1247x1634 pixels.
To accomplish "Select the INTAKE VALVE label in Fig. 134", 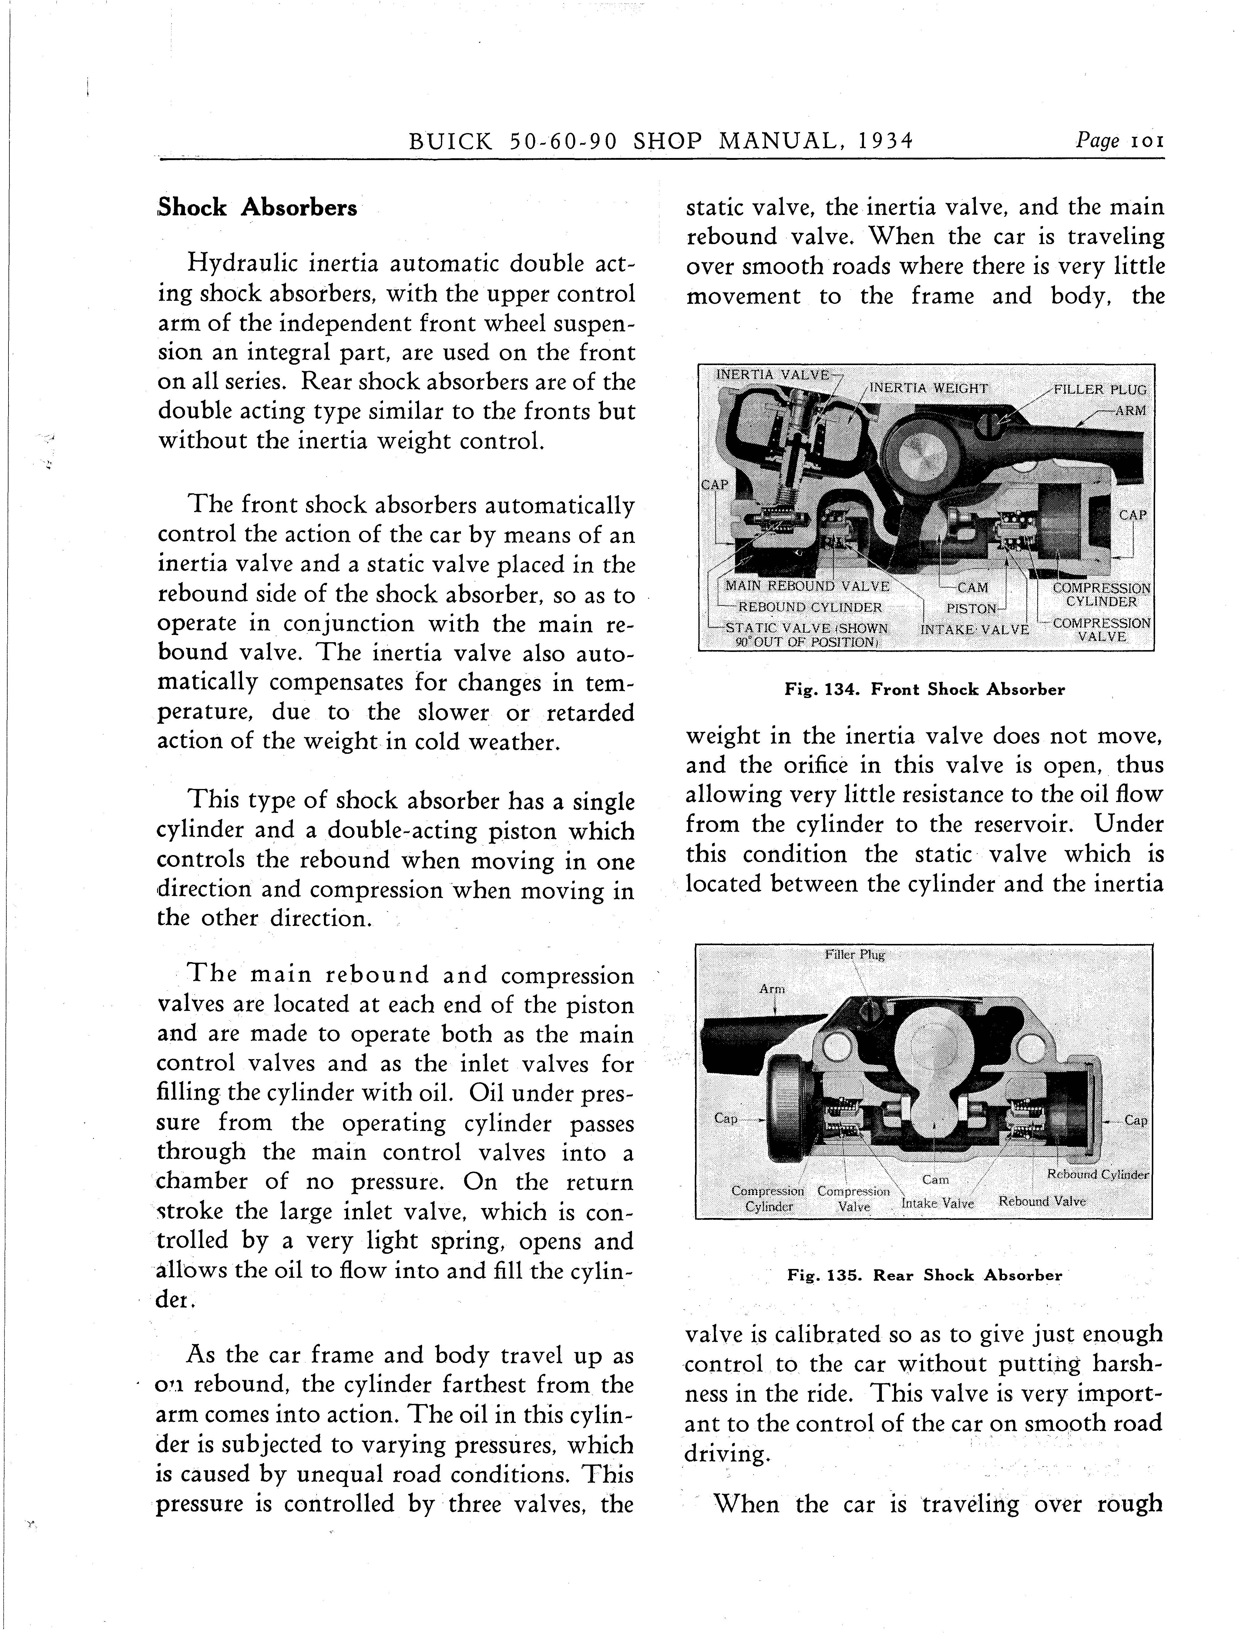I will [x=974, y=629].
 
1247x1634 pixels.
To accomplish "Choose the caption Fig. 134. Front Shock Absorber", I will [x=924, y=690].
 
